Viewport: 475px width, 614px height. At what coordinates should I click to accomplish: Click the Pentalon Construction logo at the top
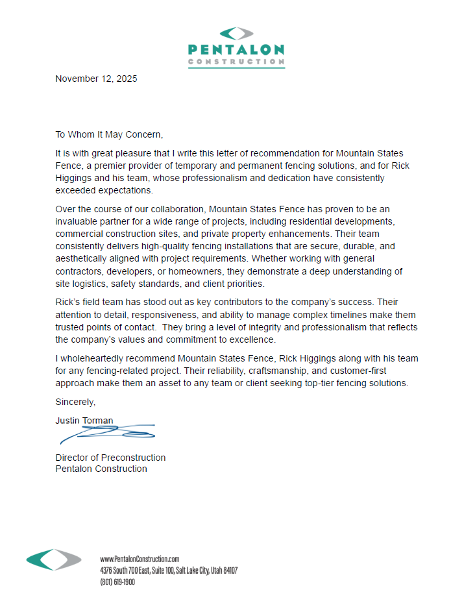[x=236, y=47]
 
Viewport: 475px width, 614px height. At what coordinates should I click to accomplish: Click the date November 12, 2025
[x=96, y=79]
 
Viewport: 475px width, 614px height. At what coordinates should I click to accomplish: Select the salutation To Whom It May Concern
[x=109, y=134]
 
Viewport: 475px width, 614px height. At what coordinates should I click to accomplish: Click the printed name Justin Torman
[x=84, y=421]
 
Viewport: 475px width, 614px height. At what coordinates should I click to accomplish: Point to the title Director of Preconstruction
[x=110, y=458]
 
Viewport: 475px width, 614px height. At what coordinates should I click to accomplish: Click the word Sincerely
[x=75, y=402]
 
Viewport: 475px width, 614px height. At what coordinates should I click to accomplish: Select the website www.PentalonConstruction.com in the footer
[x=140, y=559]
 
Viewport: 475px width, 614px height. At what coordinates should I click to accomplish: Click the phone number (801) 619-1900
[x=117, y=582]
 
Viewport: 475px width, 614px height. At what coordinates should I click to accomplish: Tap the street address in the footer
[x=169, y=571]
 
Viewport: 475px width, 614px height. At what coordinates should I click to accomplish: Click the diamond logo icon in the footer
[x=54, y=560]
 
